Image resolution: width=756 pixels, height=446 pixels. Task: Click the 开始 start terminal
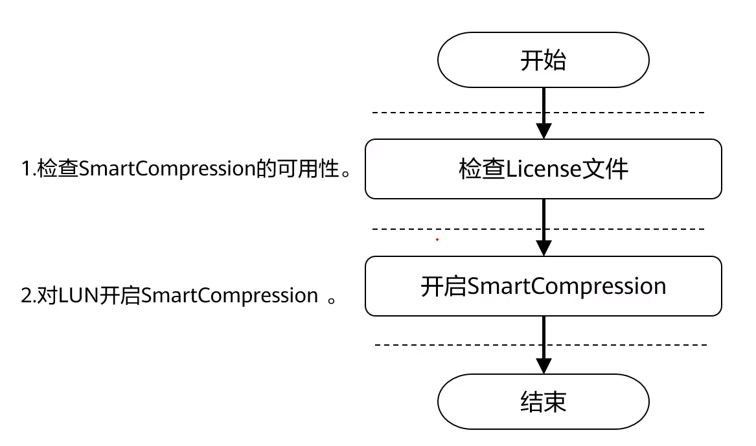point(543,60)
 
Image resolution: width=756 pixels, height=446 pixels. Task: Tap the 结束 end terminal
point(543,401)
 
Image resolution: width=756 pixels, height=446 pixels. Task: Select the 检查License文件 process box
point(543,169)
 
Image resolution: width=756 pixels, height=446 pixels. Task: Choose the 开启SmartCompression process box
point(543,286)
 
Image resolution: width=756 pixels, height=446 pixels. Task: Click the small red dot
point(437,240)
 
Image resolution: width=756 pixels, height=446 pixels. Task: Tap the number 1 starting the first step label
point(26,170)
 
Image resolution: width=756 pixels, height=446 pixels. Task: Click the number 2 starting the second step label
point(26,296)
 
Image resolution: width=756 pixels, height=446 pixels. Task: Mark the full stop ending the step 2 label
point(332,300)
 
